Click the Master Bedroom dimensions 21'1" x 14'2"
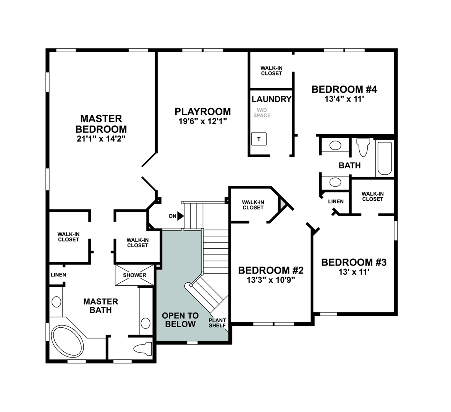coord(101,139)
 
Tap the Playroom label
coord(202,111)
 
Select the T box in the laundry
coord(259,139)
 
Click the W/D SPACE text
coord(263,113)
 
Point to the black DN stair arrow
coord(180,216)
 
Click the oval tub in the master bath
coord(67,341)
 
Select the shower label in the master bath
coord(134,275)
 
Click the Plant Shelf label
coord(217,323)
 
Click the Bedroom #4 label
coord(344,89)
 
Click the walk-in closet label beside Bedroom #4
coord(272,71)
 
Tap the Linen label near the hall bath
coord(336,201)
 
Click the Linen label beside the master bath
coord(58,275)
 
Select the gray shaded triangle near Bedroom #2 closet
coord(282,204)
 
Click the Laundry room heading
coord(271,99)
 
